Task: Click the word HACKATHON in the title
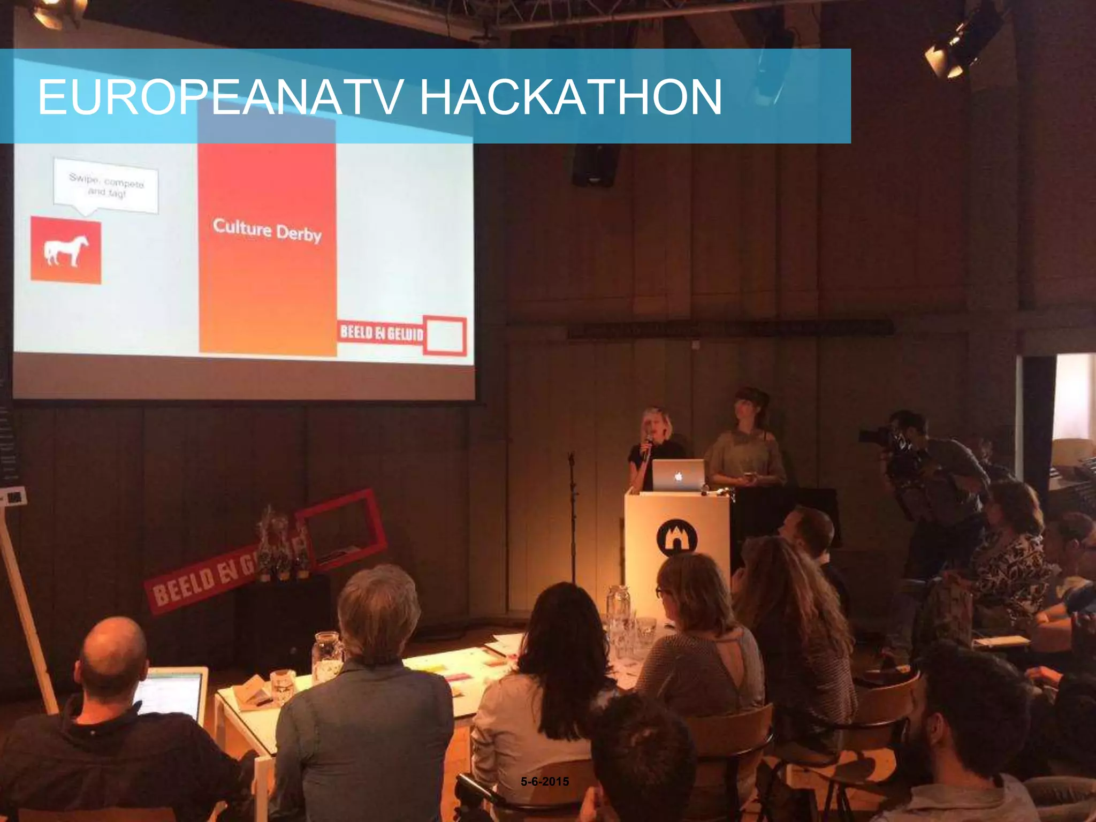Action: tap(570, 97)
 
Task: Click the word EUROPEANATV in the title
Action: tap(219, 97)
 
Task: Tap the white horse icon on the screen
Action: tap(66, 250)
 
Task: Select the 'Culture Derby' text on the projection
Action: tap(267, 230)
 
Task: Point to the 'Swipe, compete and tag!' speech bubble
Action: tap(106, 185)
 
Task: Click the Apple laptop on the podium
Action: tap(678, 475)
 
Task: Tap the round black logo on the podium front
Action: tap(676, 537)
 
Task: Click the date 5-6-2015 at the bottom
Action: tap(545, 781)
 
